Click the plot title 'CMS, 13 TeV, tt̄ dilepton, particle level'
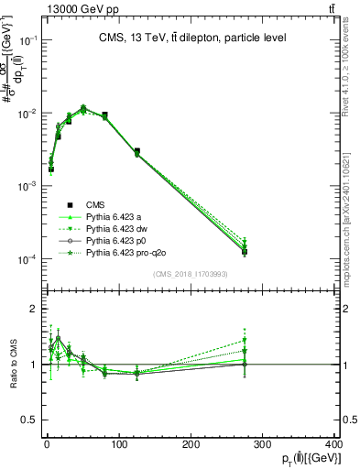pyautogui.click(x=192, y=38)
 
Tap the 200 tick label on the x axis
pyautogui.click(x=191, y=445)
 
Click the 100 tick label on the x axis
pyautogui.click(x=118, y=445)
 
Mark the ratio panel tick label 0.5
pyautogui.click(x=28, y=420)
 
